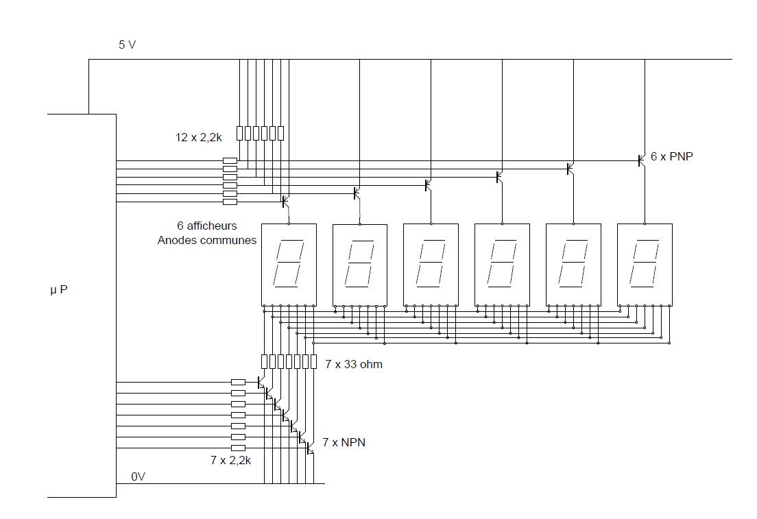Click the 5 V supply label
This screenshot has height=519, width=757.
[127, 45]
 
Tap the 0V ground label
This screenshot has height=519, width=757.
[139, 476]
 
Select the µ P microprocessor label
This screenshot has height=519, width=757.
[59, 290]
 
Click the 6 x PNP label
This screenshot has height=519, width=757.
[671, 156]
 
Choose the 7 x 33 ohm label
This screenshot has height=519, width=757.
[354, 364]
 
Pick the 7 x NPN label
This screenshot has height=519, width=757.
[344, 442]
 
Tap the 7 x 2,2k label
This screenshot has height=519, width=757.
[230, 460]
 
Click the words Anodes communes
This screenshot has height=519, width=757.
[207, 240]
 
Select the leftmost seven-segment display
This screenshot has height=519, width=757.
[289, 264]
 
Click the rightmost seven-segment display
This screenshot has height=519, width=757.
[645, 264]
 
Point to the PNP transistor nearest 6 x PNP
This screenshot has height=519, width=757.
[640, 160]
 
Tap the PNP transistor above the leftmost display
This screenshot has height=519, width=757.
[285, 201]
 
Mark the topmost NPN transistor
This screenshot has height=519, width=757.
[261, 383]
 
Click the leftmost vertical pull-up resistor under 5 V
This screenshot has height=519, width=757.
[239, 133]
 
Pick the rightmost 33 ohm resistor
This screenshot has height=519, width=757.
[313, 361]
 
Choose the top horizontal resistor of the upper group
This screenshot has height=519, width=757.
[230, 160]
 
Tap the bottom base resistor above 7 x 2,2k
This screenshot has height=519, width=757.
[238, 448]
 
